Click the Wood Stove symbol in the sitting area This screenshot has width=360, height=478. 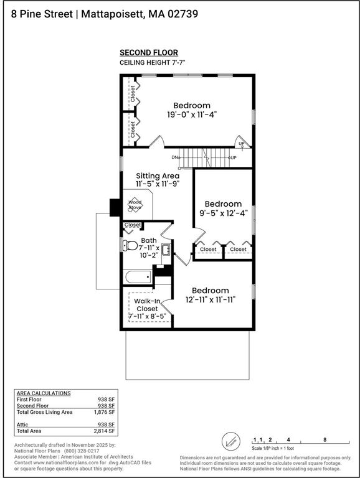135,205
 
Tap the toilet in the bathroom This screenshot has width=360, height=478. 130,245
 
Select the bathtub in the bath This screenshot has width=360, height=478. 138,277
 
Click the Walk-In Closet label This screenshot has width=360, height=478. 147,304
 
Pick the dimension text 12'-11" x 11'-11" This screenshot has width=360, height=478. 210,299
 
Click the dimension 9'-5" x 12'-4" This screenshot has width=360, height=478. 223,213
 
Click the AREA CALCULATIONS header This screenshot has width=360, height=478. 43,393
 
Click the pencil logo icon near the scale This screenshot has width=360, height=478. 230,444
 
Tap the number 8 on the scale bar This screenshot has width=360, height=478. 324,439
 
